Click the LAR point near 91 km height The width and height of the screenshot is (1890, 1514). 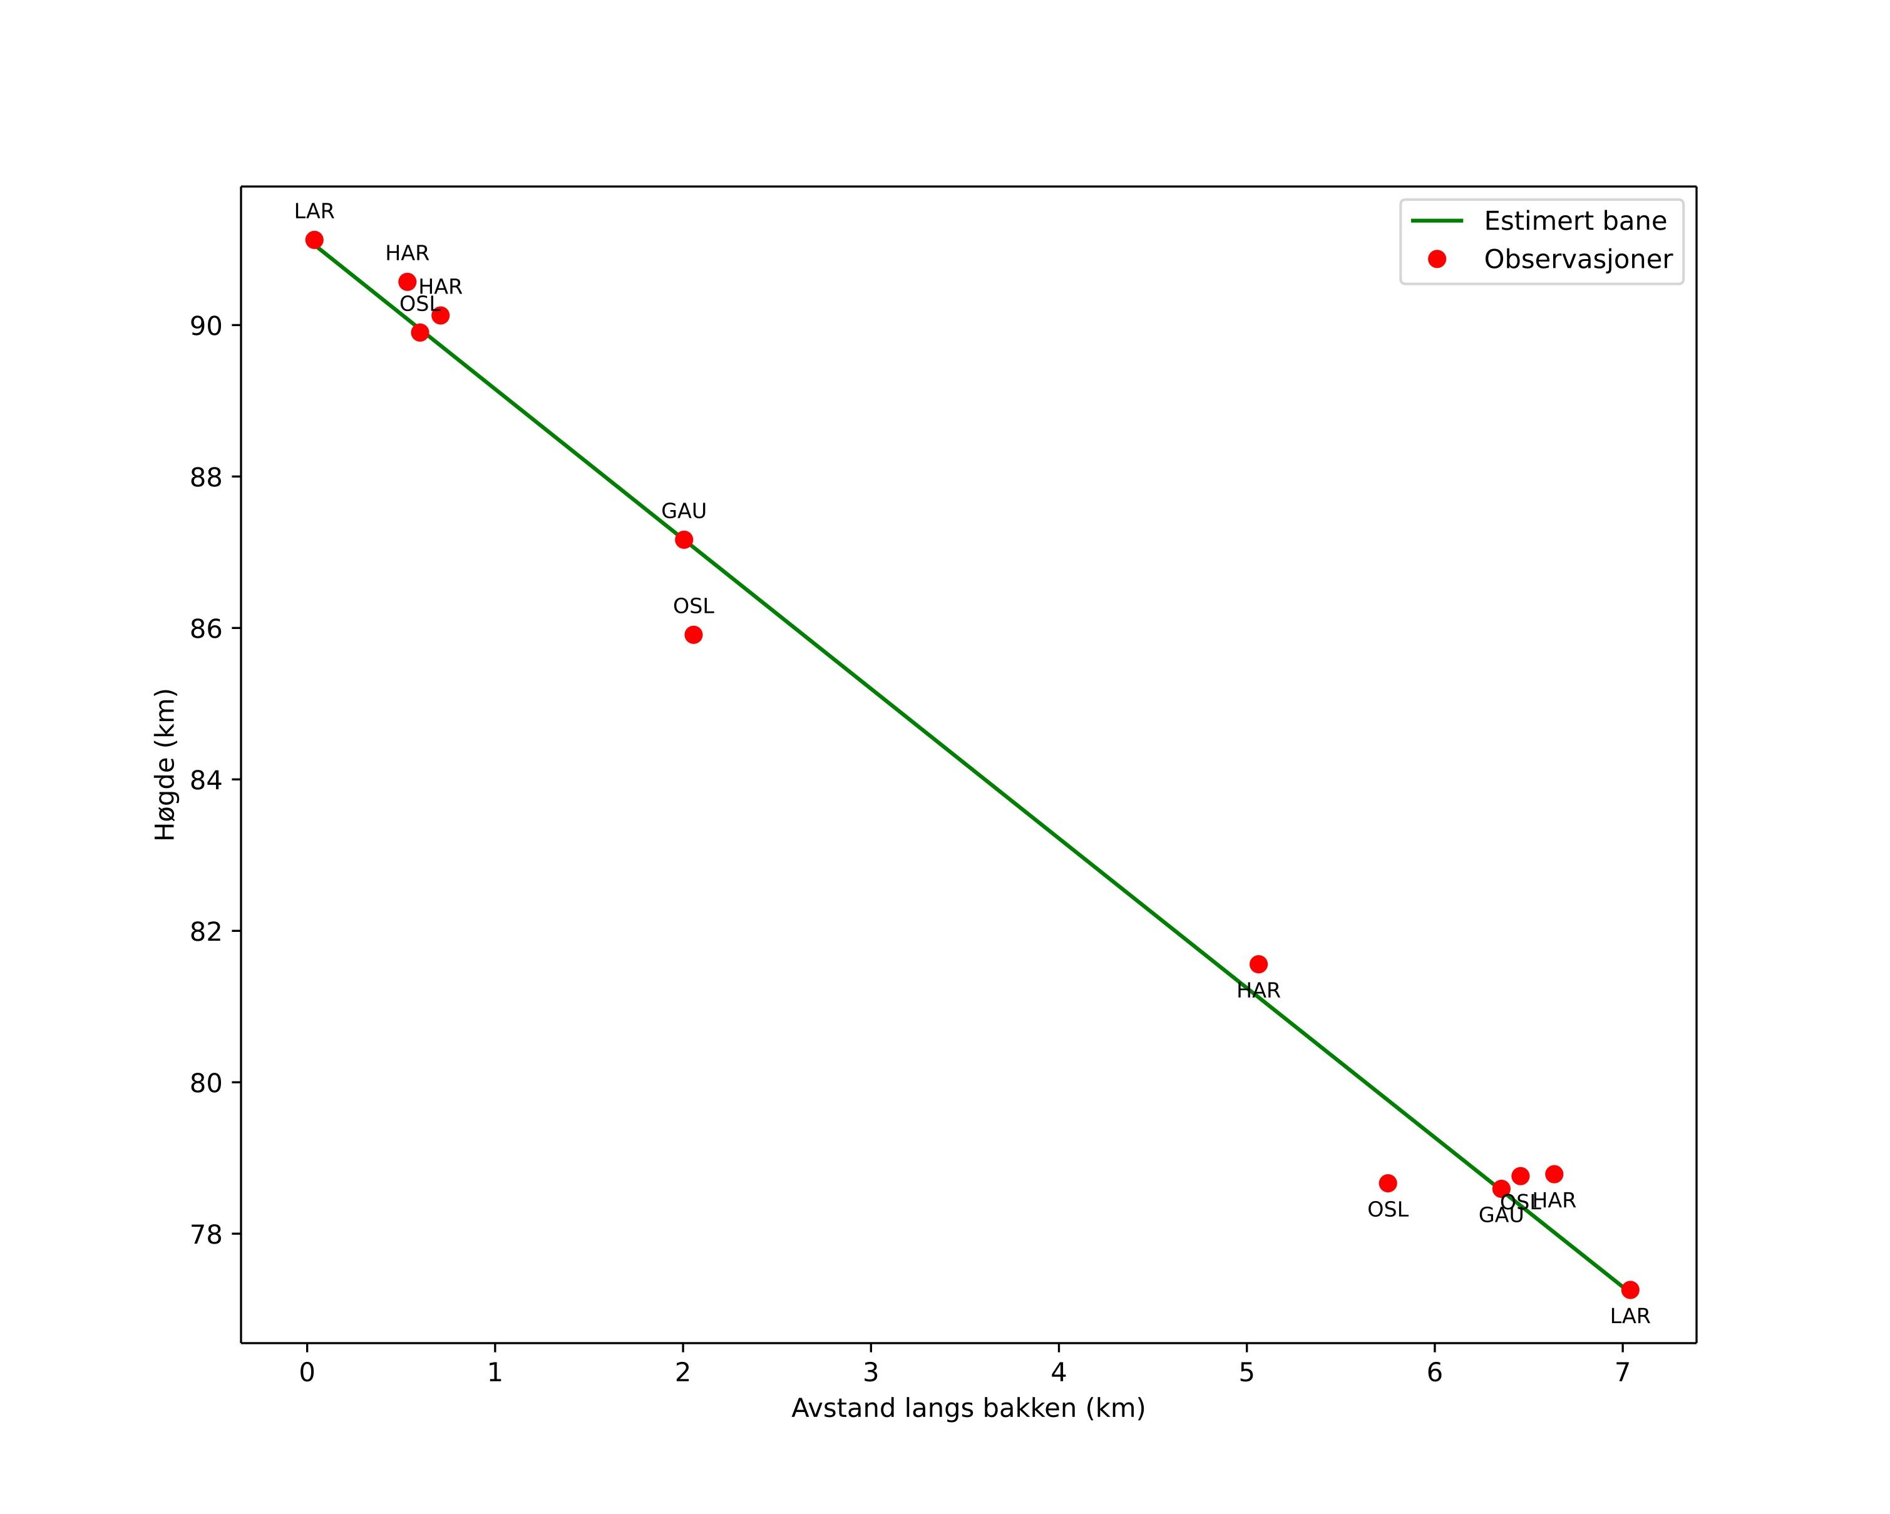point(314,240)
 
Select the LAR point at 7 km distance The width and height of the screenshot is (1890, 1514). point(1630,1290)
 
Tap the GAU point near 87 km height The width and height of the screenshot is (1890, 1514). point(684,540)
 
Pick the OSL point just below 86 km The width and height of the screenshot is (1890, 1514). point(694,635)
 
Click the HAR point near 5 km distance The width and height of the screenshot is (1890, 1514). point(1258,964)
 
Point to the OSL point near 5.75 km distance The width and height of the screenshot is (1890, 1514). point(1388,1183)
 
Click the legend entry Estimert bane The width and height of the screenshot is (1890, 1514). point(1574,221)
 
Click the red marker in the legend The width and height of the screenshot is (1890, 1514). point(1437,259)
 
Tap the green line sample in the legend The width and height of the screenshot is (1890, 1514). point(1437,221)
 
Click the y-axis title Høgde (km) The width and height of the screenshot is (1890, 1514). point(166,765)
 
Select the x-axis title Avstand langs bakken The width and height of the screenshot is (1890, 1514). point(968,1408)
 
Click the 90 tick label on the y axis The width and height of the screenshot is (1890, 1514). point(206,326)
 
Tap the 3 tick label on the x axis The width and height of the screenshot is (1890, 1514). point(870,1372)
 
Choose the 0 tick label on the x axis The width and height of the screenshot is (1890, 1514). point(307,1372)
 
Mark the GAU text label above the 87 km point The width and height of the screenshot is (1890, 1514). point(684,511)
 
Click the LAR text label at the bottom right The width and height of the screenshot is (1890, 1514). point(1630,1316)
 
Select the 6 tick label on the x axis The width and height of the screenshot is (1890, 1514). point(1434,1372)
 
